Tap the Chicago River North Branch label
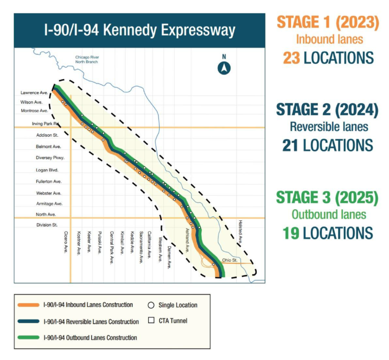(x=87, y=60)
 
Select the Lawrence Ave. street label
(x=34, y=93)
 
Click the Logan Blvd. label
(x=48, y=170)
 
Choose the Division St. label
(x=47, y=225)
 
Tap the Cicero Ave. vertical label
(x=66, y=242)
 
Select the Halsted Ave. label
(x=240, y=232)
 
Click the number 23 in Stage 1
(x=291, y=58)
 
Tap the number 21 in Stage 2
(x=290, y=145)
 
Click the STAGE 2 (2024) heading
(x=327, y=109)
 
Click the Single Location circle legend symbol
(x=151, y=305)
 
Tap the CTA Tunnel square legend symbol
(x=151, y=320)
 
